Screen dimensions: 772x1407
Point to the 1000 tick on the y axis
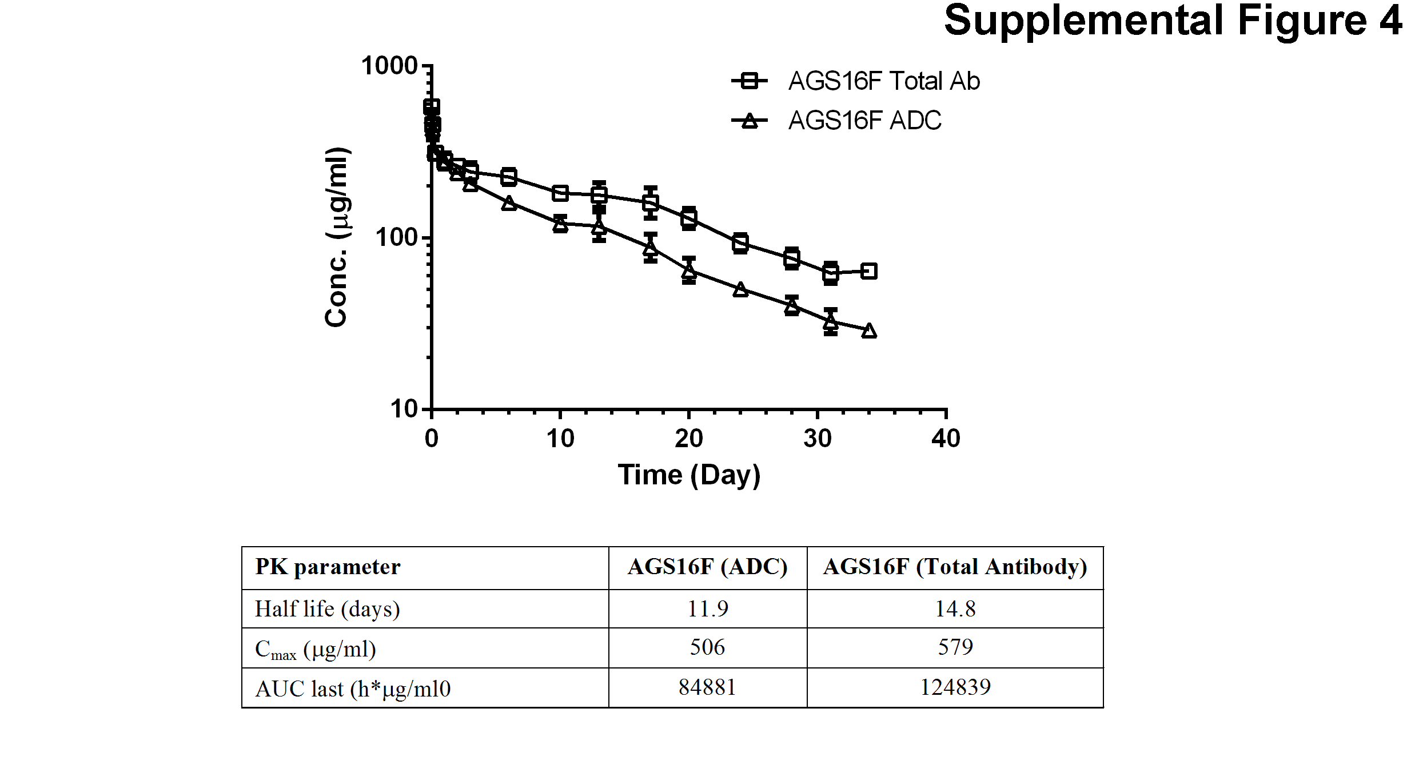[x=389, y=66]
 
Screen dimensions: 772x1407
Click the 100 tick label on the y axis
[x=396, y=237]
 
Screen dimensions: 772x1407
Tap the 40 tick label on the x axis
[x=946, y=439]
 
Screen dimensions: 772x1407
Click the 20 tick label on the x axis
[x=688, y=439]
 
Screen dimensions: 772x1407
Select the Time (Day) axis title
[x=689, y=475]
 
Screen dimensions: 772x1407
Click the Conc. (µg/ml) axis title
[x=337, y=237]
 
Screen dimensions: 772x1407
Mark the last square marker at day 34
[x=868, y=271]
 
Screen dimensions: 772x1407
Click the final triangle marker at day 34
[x=868, y=331]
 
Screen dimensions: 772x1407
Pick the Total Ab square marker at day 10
[x=560, y=193]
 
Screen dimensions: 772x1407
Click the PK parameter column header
[x=328, y=567]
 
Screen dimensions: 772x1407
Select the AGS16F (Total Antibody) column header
[x=955, y=567]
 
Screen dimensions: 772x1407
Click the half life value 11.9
[x=708, y=609]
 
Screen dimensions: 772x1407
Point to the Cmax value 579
[x=955, y=647]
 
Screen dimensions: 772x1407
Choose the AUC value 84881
[x=708, y=687]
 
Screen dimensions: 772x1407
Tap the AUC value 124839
[x=955, y=687]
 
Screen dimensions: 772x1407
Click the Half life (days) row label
[x=327, y=609]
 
